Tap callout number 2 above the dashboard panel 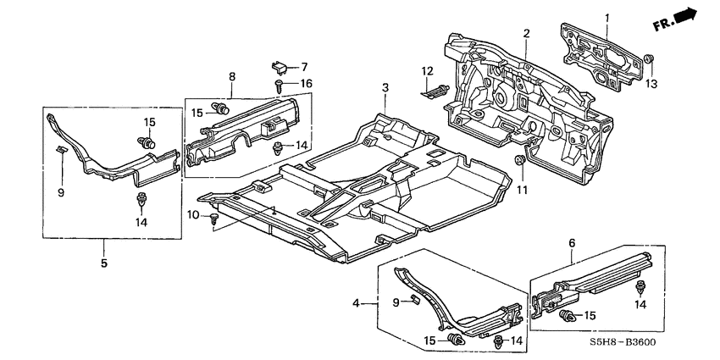[x=526, y=33]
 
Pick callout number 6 [x=572, y=243]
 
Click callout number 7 [x=306, y=66]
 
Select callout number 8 [x=231, y=77]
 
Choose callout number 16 [x=306, y=83]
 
